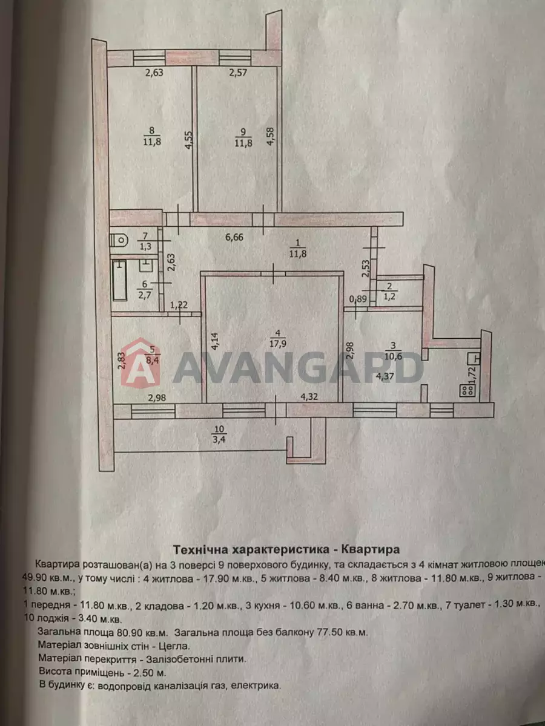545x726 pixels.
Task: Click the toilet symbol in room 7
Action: point(119,240)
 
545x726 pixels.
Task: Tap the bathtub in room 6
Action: point(120,281)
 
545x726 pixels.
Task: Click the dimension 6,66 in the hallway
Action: point(234,237)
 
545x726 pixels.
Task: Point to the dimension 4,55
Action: point(189,140)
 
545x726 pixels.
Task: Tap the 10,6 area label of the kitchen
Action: point(393,356)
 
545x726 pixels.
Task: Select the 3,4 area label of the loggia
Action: point(219,440)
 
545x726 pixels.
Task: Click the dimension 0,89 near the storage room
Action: point(358,299)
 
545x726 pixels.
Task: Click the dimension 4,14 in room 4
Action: point(215,342)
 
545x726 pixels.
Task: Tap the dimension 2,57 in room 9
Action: point(238,72)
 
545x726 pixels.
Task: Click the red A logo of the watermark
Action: point(140,362)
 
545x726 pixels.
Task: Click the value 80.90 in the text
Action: point(128,632)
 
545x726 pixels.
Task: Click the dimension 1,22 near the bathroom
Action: point(179,305)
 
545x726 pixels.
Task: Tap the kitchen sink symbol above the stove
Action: point(474,359)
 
